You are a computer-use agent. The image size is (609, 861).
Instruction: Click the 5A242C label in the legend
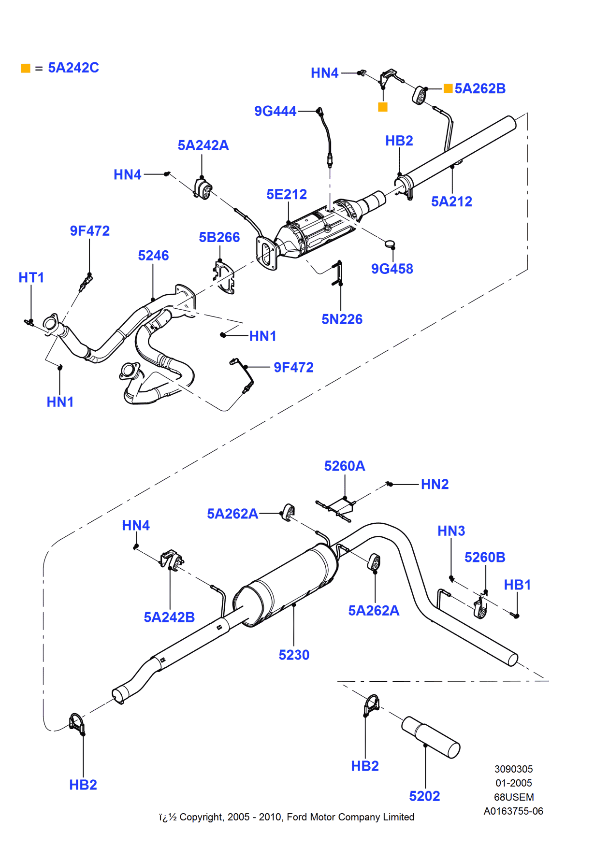click(x=73, y=68)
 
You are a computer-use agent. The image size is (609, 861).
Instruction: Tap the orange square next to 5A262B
click(x=448, y=88)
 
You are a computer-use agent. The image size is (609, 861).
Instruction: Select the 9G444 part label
click(x=275, y=111)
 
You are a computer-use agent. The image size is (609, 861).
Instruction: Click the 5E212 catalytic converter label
click(x=287, y=194)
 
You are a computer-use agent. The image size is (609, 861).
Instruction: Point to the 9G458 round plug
click(x=390, y=244)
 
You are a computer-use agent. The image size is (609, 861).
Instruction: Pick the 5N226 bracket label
click(x=342, y=319)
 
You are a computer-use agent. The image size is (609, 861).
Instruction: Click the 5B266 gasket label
click(x=219, y=237)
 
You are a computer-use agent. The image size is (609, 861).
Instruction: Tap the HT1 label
click(x=31, y=277)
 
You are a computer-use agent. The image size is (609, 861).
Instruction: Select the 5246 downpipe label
click(x=153, y=256)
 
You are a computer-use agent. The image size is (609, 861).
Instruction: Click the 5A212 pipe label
click(x=451, y=201)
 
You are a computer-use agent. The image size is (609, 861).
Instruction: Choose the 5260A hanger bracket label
click(x=345, y=466)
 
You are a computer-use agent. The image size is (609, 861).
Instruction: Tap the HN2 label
click(x=435, y=484)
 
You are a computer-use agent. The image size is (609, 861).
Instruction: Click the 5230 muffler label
click(x=294, y=655)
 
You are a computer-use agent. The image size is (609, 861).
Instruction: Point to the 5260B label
click(x=485, y=557)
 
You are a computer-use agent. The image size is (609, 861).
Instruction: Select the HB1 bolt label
click(x=517, y=585)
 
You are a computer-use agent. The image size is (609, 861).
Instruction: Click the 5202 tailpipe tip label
click(x=424, y=796)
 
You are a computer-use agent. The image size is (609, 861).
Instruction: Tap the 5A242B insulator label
click(x=169, y=617)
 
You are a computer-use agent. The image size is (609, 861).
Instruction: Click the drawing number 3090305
click(x=513, y=769)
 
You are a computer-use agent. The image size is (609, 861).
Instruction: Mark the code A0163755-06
click(x=513, y=811)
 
